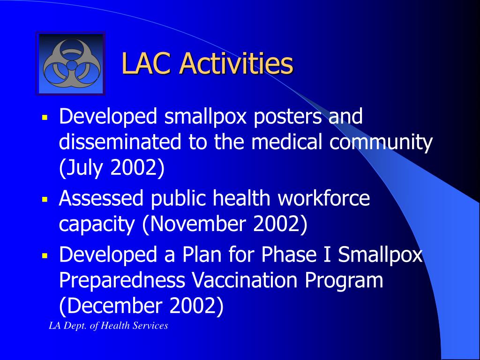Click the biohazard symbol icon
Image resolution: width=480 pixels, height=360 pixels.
[72, 63]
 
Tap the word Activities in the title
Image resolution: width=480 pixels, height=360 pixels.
[236, 63]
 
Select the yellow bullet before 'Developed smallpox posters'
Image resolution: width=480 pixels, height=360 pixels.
[45, 117]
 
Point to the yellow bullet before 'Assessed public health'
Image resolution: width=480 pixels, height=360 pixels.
[45, 199]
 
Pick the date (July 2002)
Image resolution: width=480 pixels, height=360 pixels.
[112, 167]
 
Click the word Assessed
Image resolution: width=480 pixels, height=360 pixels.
[101, 198]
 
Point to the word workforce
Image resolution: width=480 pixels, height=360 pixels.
[323, 198]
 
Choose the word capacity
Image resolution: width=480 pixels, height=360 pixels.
[97, 225]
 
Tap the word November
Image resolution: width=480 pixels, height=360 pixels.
[198, 224]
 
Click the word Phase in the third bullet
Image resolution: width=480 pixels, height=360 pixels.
[289, 254]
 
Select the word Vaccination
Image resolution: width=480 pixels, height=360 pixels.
[245, 280]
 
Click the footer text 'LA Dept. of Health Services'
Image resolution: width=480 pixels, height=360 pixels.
[108, 325]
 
